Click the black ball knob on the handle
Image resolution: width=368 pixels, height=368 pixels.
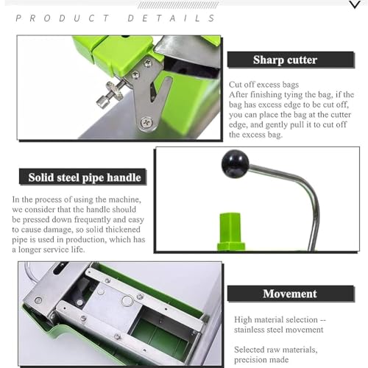(x=235, y=163)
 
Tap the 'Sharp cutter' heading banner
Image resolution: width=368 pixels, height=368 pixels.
(x=291, y=60)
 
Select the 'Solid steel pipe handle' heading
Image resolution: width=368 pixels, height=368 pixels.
(x=82, y=177)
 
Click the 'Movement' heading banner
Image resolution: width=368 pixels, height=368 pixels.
(x=291, y=294)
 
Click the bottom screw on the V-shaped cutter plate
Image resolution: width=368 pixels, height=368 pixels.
(x=146, y=122)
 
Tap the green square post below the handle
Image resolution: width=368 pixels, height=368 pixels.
(x=231, y=232)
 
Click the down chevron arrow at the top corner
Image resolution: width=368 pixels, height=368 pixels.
(x=355, y=4)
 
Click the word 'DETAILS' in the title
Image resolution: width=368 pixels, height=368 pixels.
(x=171, y=18)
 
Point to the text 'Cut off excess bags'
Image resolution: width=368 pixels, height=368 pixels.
(x=263, y=85)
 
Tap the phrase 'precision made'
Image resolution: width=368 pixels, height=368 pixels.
(x=261, y=360)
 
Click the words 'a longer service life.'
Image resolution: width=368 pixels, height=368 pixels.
(x=49, y=250)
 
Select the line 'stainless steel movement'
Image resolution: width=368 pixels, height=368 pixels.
(x=278, y=330)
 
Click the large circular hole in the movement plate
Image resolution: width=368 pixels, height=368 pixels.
(x=127, y=301)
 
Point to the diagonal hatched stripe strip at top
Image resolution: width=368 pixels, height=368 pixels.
(x=178, y=5)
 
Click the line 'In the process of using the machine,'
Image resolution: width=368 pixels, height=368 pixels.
(x=77, y=199)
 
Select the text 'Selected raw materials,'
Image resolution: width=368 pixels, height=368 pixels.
(x=276, y=350)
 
